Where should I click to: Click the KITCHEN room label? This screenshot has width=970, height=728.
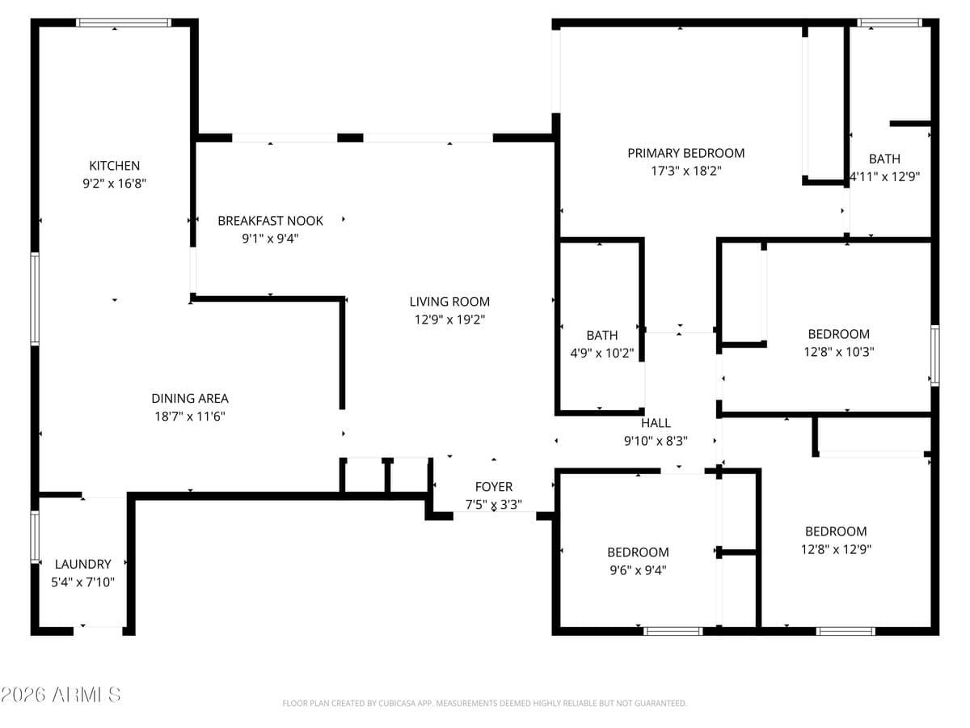(x=114, y=166)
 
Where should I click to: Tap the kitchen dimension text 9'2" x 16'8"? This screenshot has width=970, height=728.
(x=114, y=184)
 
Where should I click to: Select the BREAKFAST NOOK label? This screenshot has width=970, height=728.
(x=270, y=221)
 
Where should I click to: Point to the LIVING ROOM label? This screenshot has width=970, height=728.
(x=449, y=302)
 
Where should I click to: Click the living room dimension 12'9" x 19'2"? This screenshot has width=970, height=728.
(x=449, y=320)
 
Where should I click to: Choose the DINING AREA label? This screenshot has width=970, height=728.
(x=190, y=398)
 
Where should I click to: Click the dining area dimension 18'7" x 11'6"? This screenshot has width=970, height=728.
(x=190, y=417)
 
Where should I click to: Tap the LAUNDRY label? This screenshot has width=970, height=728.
(x=82, y=564)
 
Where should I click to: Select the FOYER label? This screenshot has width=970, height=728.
(x=493, y=487)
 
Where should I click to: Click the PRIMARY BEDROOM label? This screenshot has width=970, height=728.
(x=686, y=153)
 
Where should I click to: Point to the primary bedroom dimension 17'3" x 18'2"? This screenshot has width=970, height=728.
(x=686, y=171)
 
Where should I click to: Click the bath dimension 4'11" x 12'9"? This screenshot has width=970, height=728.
(x=884, y=176)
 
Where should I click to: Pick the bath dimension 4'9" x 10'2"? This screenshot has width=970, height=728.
(x=602, y=353)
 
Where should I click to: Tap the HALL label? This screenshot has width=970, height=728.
(x=656, y=423)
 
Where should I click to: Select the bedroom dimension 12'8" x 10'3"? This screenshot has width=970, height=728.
(x=838, y=352)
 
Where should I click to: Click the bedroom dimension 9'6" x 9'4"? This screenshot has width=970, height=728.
(x=638, y=569)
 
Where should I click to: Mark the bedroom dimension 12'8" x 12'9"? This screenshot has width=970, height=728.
(x=836, y=549)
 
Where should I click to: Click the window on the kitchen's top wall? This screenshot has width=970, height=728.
(x=124, y=23)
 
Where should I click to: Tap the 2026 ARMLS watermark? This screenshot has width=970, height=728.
(x=61, y=695)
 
